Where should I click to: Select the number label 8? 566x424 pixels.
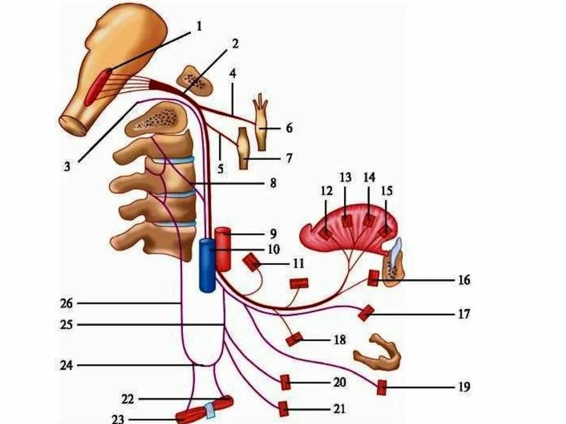[272, 182]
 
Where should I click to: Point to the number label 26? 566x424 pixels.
[66, 303]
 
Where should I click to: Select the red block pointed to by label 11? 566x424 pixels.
[252, 262]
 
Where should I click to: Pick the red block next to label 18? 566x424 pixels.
[294, 339]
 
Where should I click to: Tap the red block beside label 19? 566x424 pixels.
[381, 388]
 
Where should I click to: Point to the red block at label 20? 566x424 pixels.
[285, 382]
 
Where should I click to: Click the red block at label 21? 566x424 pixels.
[283, 409]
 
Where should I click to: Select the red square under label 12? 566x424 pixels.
[326, 233]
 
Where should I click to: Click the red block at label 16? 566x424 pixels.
[373, 278]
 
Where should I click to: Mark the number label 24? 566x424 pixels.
[66, 365]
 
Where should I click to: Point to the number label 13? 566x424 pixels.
[345, 177]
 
